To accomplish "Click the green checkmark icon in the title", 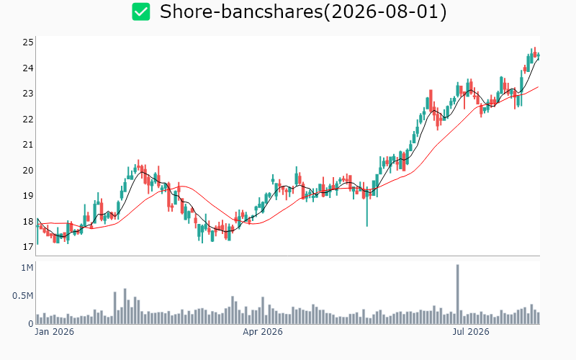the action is [x=141, y=12].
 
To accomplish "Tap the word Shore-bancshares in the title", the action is [x=240, y=12].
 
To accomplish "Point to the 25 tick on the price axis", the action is [x=28, y=42].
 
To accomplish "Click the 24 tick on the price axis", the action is [x=28, y=68].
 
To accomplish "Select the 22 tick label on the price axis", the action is [x=28, y=120].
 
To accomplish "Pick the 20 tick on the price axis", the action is [x=28, y=171].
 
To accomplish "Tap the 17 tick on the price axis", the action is [x=28, y=247].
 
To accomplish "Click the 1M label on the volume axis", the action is [x=27, y=268].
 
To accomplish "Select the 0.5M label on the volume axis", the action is [x=23, y=296].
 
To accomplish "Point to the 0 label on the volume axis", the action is [x=31, y=323].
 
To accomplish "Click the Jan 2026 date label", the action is [x=55, y=332].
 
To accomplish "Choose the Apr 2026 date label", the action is [x=263, y=332].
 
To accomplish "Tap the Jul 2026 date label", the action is [x=471, y=332].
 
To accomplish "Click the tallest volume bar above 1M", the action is [x=458, y=294].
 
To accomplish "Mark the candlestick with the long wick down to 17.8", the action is [x=367, y=207].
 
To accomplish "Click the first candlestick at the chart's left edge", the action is [x=37, y=231].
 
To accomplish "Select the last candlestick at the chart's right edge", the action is [x=539, y=57].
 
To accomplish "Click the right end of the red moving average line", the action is [x=538, y=86].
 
